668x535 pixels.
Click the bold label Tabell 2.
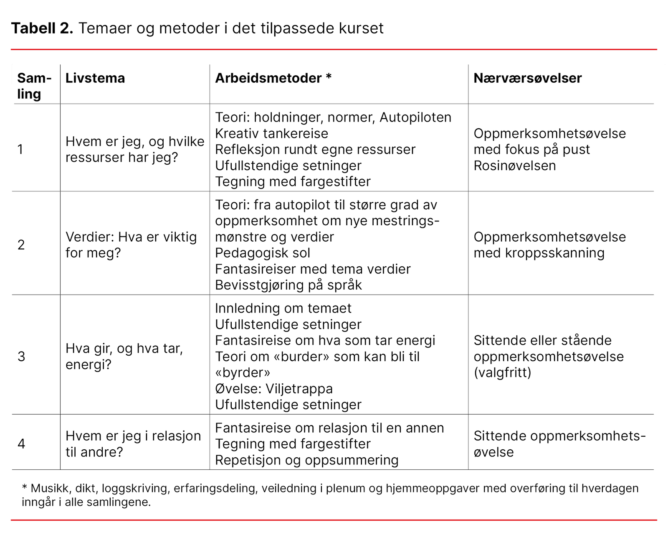click(42, 28)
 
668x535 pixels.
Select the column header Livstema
click(95, 78)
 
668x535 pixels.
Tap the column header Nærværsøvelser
click(527, 78)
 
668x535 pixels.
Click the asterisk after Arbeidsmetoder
click(329, 77)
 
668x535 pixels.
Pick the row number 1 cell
click(20, 150)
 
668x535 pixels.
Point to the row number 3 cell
click(21, 357)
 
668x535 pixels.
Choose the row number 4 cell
click(21, 444)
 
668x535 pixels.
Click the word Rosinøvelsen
click(514, 166)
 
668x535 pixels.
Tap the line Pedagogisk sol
click(263, 253)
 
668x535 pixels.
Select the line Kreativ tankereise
click(271, 134)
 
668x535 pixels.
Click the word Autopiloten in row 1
click(415, 117)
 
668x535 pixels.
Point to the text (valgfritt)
click(502, 372)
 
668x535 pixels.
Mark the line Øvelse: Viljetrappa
click(274, 389)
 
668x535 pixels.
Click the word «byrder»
click(243, 372)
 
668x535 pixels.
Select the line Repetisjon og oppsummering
click(306, 460)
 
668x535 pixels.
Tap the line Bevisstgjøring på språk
click(288, 285)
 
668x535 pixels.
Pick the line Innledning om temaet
click(283, 308)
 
